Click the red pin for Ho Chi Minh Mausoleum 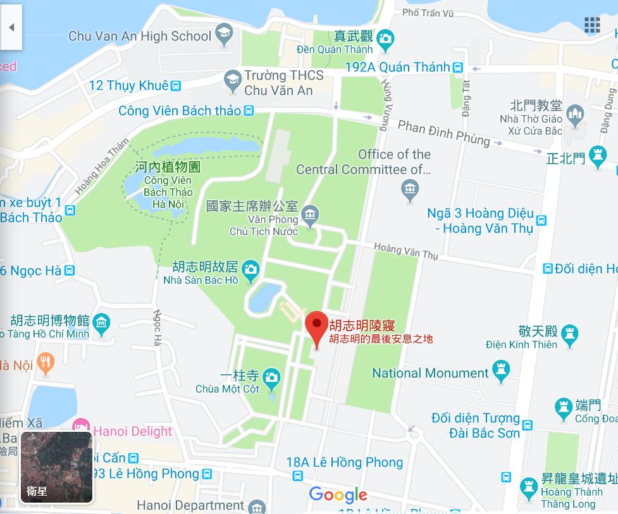coord(316,326)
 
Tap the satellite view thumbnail coord(57,467)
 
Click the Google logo coord(338,494)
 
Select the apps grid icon coord(592,25)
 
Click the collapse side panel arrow coord(11,27)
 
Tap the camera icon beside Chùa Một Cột coord(271,377)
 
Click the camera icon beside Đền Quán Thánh coord(385,41)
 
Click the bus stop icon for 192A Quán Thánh coord(458,68)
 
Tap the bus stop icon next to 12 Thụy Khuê coord(176,86)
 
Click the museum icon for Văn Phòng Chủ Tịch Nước coord(309,216)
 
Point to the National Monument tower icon coord(501,373)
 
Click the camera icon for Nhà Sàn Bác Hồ coord(251,270)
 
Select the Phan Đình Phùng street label coord(443,132)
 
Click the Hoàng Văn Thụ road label coord(405,251)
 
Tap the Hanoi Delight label coord(134,431)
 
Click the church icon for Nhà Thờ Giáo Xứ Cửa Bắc coord(574,114)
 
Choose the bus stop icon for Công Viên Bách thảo coord(249,111)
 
